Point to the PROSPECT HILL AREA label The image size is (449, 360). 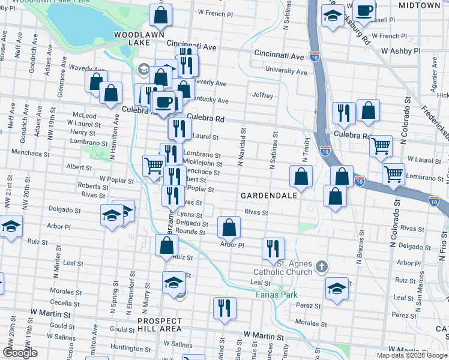[159, 325]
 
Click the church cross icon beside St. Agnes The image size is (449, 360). [322, 266]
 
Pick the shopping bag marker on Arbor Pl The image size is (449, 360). [229, 228]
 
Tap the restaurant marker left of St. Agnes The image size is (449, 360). [273, 248]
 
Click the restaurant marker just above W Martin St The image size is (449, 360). [224, 308]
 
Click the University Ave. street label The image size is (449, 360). [287, 71]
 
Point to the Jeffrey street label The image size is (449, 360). [263, 95]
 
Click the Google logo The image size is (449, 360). [20, 353]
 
